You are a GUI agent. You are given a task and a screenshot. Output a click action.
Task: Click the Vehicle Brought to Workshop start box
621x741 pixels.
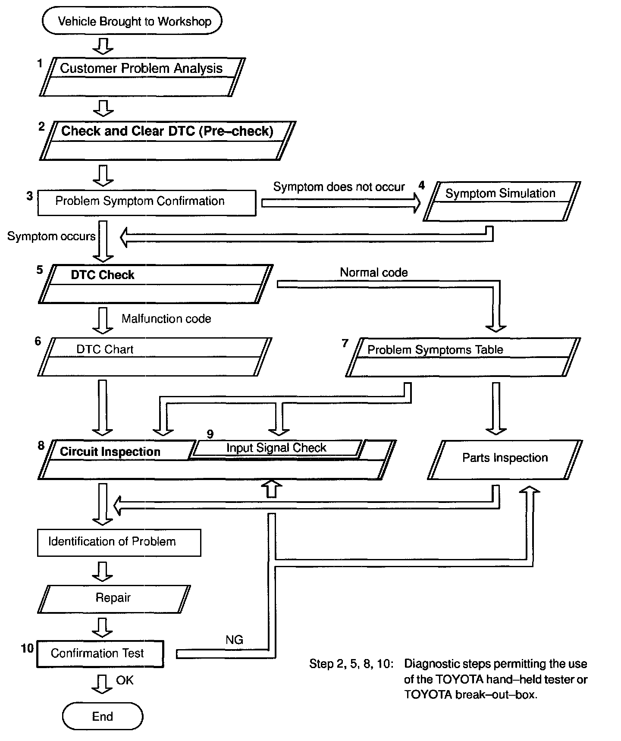click(132, 21)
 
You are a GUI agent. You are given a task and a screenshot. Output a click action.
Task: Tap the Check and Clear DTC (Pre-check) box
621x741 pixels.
click(167, 140)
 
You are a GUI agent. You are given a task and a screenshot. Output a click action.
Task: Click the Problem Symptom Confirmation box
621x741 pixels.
click(147, 202)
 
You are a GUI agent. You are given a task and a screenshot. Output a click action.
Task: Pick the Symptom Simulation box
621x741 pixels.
click(502, 201)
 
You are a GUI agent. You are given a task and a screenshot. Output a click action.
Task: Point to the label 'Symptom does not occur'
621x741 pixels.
click(339, 187)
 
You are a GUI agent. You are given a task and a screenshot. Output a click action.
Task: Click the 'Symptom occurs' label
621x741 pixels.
click(51, 236)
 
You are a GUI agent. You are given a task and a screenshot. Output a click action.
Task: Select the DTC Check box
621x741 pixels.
click(155, 284)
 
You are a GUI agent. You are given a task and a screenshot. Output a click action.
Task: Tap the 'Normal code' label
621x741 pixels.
click(374, 273)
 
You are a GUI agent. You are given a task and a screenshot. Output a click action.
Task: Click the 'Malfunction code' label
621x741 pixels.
click(166, 319)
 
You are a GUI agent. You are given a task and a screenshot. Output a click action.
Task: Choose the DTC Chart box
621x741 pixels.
click(154, 357)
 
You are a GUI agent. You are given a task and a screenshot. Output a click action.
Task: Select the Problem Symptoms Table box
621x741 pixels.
click(463, 357)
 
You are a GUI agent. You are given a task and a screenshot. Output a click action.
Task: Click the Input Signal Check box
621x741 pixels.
click(276, 448)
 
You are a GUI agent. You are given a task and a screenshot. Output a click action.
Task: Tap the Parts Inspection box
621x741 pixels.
click(505, 459)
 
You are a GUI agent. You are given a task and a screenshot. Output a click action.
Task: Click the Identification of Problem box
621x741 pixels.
click(119, 542)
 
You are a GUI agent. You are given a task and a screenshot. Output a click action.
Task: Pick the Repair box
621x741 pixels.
click(113, 598)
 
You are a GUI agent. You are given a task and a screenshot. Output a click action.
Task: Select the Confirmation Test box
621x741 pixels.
click(100, 653)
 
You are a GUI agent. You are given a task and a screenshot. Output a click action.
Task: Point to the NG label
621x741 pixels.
click(234, 640)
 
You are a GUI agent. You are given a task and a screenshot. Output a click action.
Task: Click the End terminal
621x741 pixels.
click(103, 716)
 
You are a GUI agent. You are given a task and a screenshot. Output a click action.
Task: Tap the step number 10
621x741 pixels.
click(27, 648)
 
